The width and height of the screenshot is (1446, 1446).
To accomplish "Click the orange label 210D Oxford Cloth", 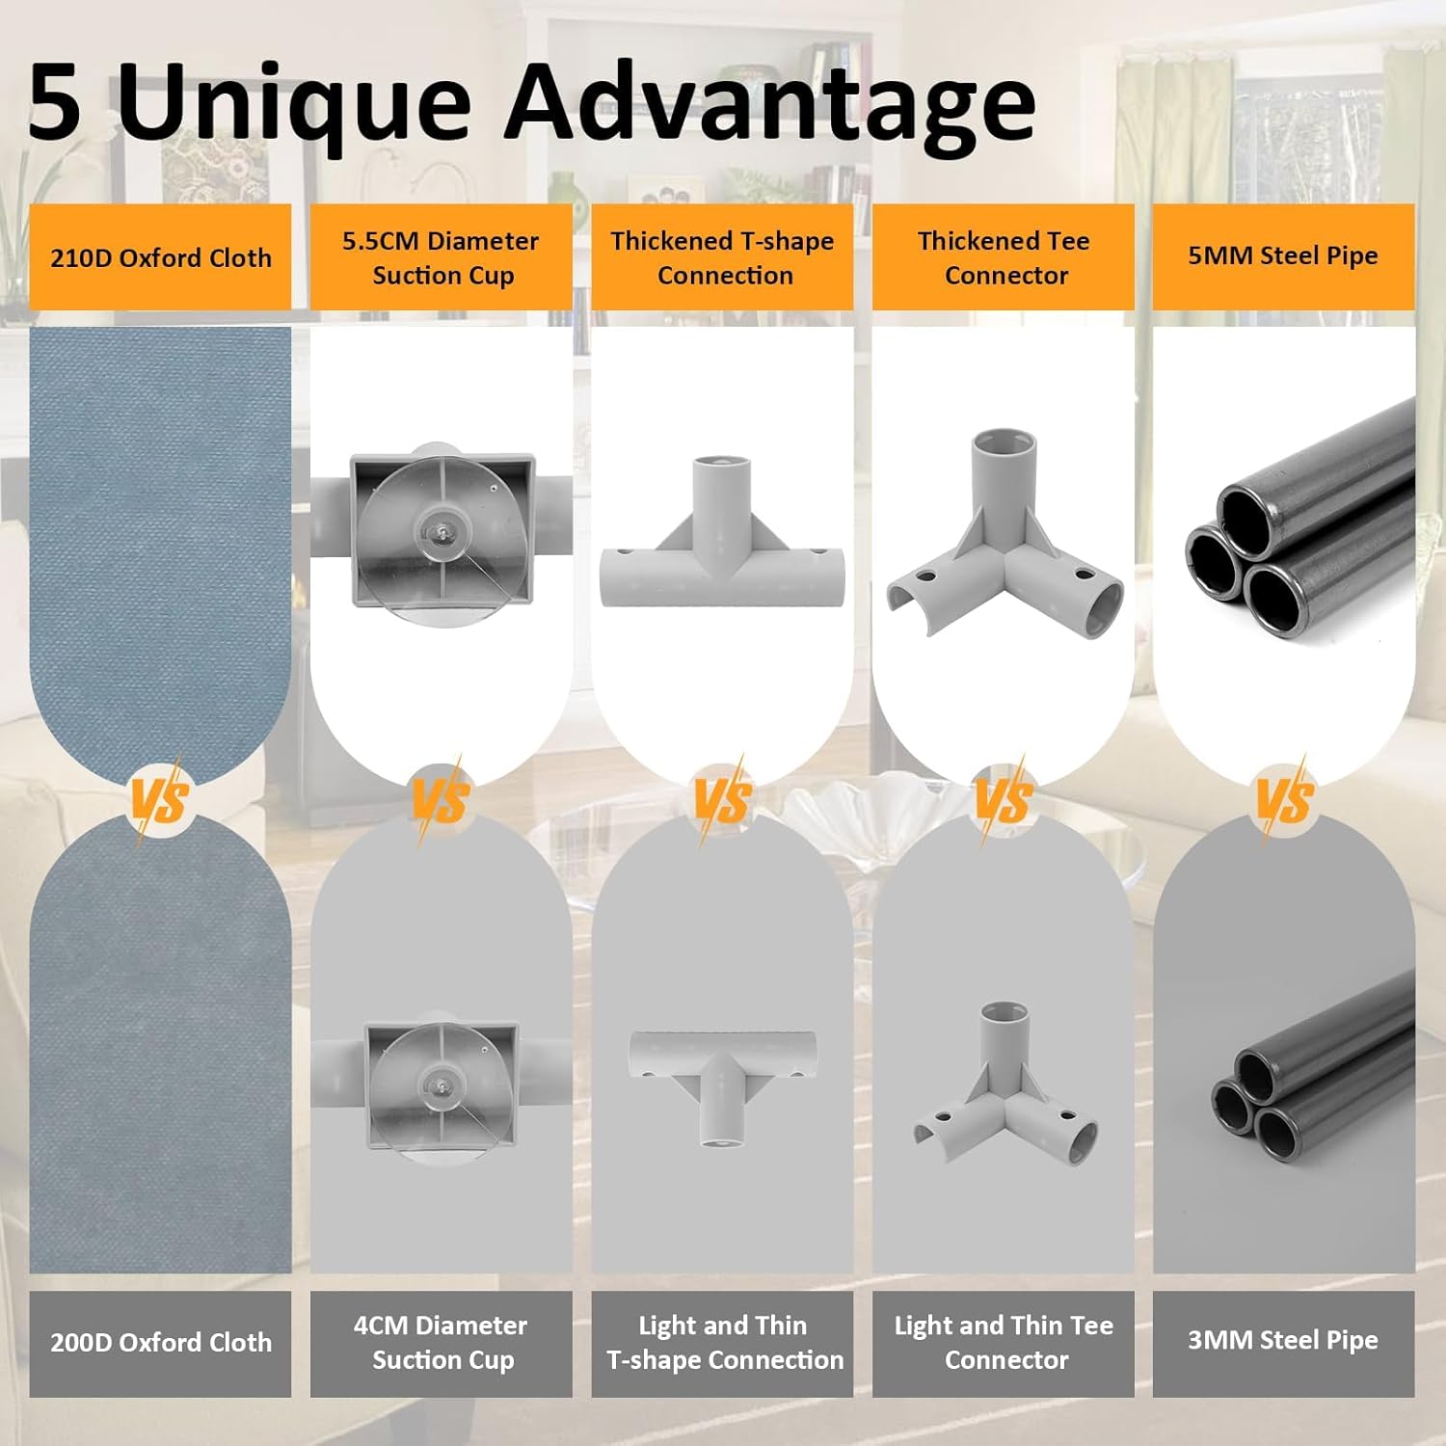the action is (160, 257).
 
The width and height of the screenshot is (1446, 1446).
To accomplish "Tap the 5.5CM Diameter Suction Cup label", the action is (441, 257).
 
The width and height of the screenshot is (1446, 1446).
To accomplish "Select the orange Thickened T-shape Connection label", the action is (722, 257).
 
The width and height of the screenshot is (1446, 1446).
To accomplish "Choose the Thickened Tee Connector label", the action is (1004, 257).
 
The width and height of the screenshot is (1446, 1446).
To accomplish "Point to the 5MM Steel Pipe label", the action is (1284, 257).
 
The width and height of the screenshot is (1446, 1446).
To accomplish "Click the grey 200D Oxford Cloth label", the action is (160, 1344).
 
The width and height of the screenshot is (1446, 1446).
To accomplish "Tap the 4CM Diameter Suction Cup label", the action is (441, 1344).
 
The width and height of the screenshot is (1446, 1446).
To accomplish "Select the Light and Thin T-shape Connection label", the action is (722, 1344).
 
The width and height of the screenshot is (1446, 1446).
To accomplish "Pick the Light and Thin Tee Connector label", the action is (1004, 1344).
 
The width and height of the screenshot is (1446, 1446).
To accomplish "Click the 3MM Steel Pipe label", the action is (1284, 1344).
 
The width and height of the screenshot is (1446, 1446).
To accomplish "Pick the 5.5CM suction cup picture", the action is (442, 533).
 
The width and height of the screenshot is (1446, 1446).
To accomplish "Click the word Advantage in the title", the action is (770, 103).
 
